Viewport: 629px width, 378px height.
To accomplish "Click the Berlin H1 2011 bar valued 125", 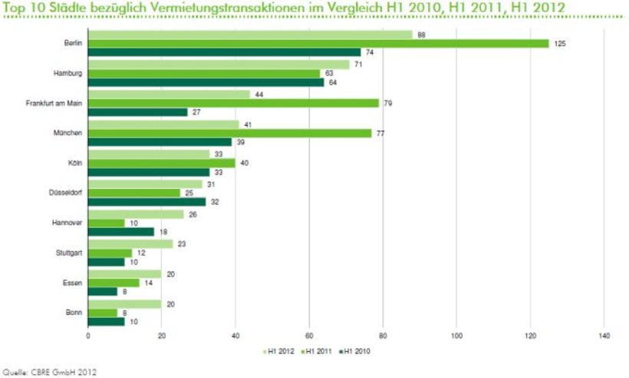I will [318, 44].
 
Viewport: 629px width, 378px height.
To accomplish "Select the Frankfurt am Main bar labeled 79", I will [234, 103].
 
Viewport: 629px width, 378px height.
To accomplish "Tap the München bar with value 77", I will [230, 133].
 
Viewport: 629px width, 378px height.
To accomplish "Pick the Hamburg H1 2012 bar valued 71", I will [219, 65].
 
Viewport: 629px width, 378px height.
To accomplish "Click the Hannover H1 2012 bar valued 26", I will [137, 214].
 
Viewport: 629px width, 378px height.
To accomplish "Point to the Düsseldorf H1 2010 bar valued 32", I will [147, 202].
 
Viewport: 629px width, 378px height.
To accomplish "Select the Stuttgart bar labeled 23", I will [130, 244].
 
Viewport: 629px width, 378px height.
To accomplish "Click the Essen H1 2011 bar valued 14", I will [114, 283].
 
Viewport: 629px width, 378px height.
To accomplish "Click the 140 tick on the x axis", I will [604, 335].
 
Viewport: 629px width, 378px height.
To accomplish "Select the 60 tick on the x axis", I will [309, 335].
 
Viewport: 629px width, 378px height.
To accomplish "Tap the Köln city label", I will [75, 163].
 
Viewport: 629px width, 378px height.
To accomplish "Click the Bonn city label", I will [74, 313].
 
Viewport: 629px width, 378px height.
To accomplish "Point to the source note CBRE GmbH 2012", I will [50, 370].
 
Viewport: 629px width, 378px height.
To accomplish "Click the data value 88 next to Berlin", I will [421, 35].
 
